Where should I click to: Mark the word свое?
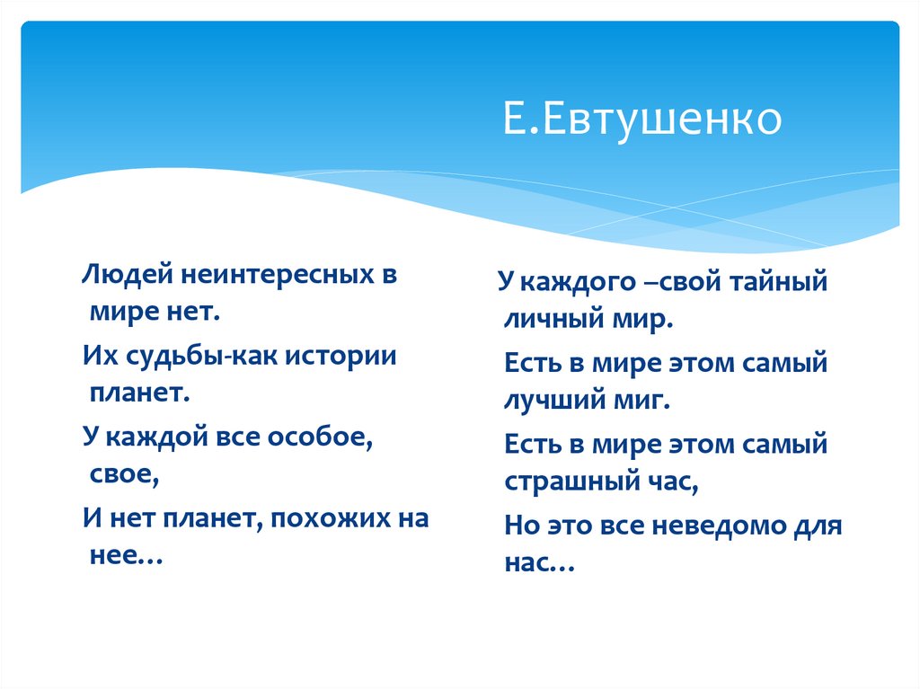pos(124,476)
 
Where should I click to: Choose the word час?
pos(668,482)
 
